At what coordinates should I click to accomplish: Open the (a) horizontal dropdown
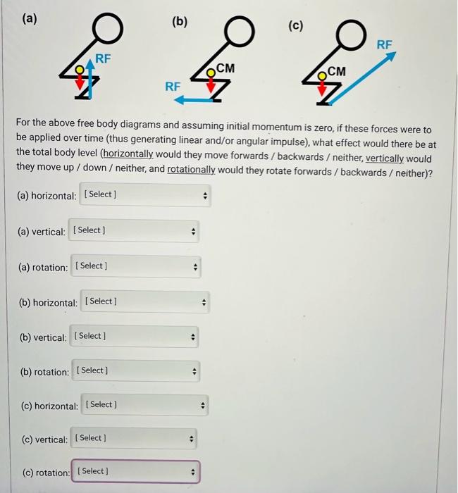tap(145, 195)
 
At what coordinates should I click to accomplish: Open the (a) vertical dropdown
tap(134, 231)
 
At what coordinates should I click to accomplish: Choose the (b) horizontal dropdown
tap(145, 302)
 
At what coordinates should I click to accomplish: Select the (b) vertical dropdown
tap(134, 337)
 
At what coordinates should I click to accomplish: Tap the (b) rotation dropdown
tap(135, 371)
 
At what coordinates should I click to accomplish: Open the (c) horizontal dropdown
tap(145, 405)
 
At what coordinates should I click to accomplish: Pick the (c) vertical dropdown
tap(134, 439)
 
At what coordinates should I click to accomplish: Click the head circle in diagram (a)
tap(110, 30)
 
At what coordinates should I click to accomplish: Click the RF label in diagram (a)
tap(103, 58)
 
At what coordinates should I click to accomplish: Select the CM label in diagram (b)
tap(225, 68)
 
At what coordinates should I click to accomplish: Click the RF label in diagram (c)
tap(385, 44)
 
